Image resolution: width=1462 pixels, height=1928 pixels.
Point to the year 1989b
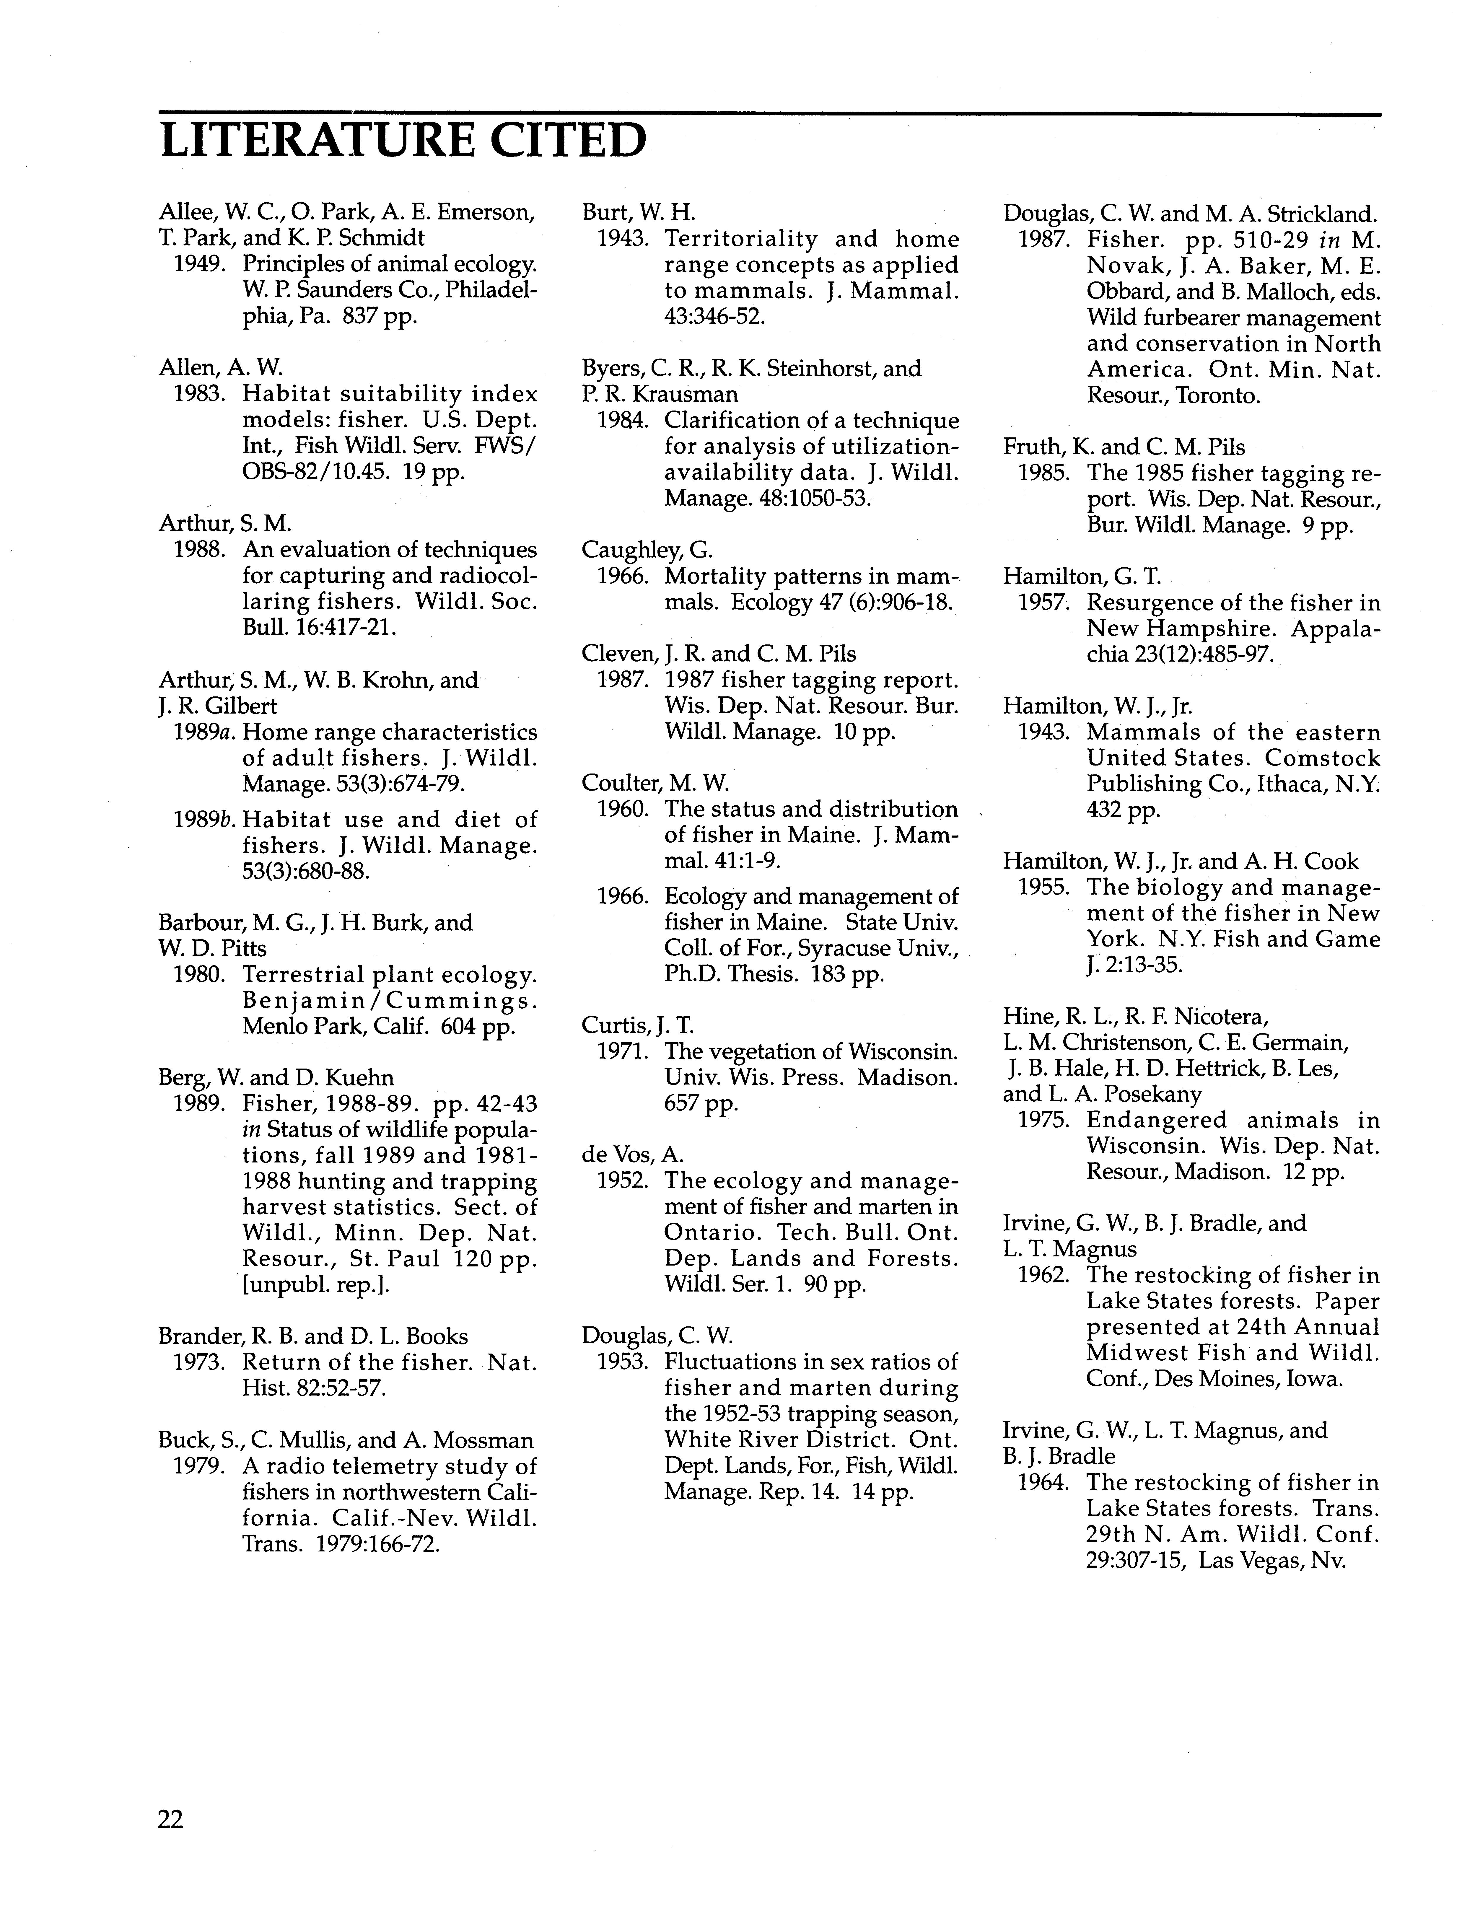(205, 820)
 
